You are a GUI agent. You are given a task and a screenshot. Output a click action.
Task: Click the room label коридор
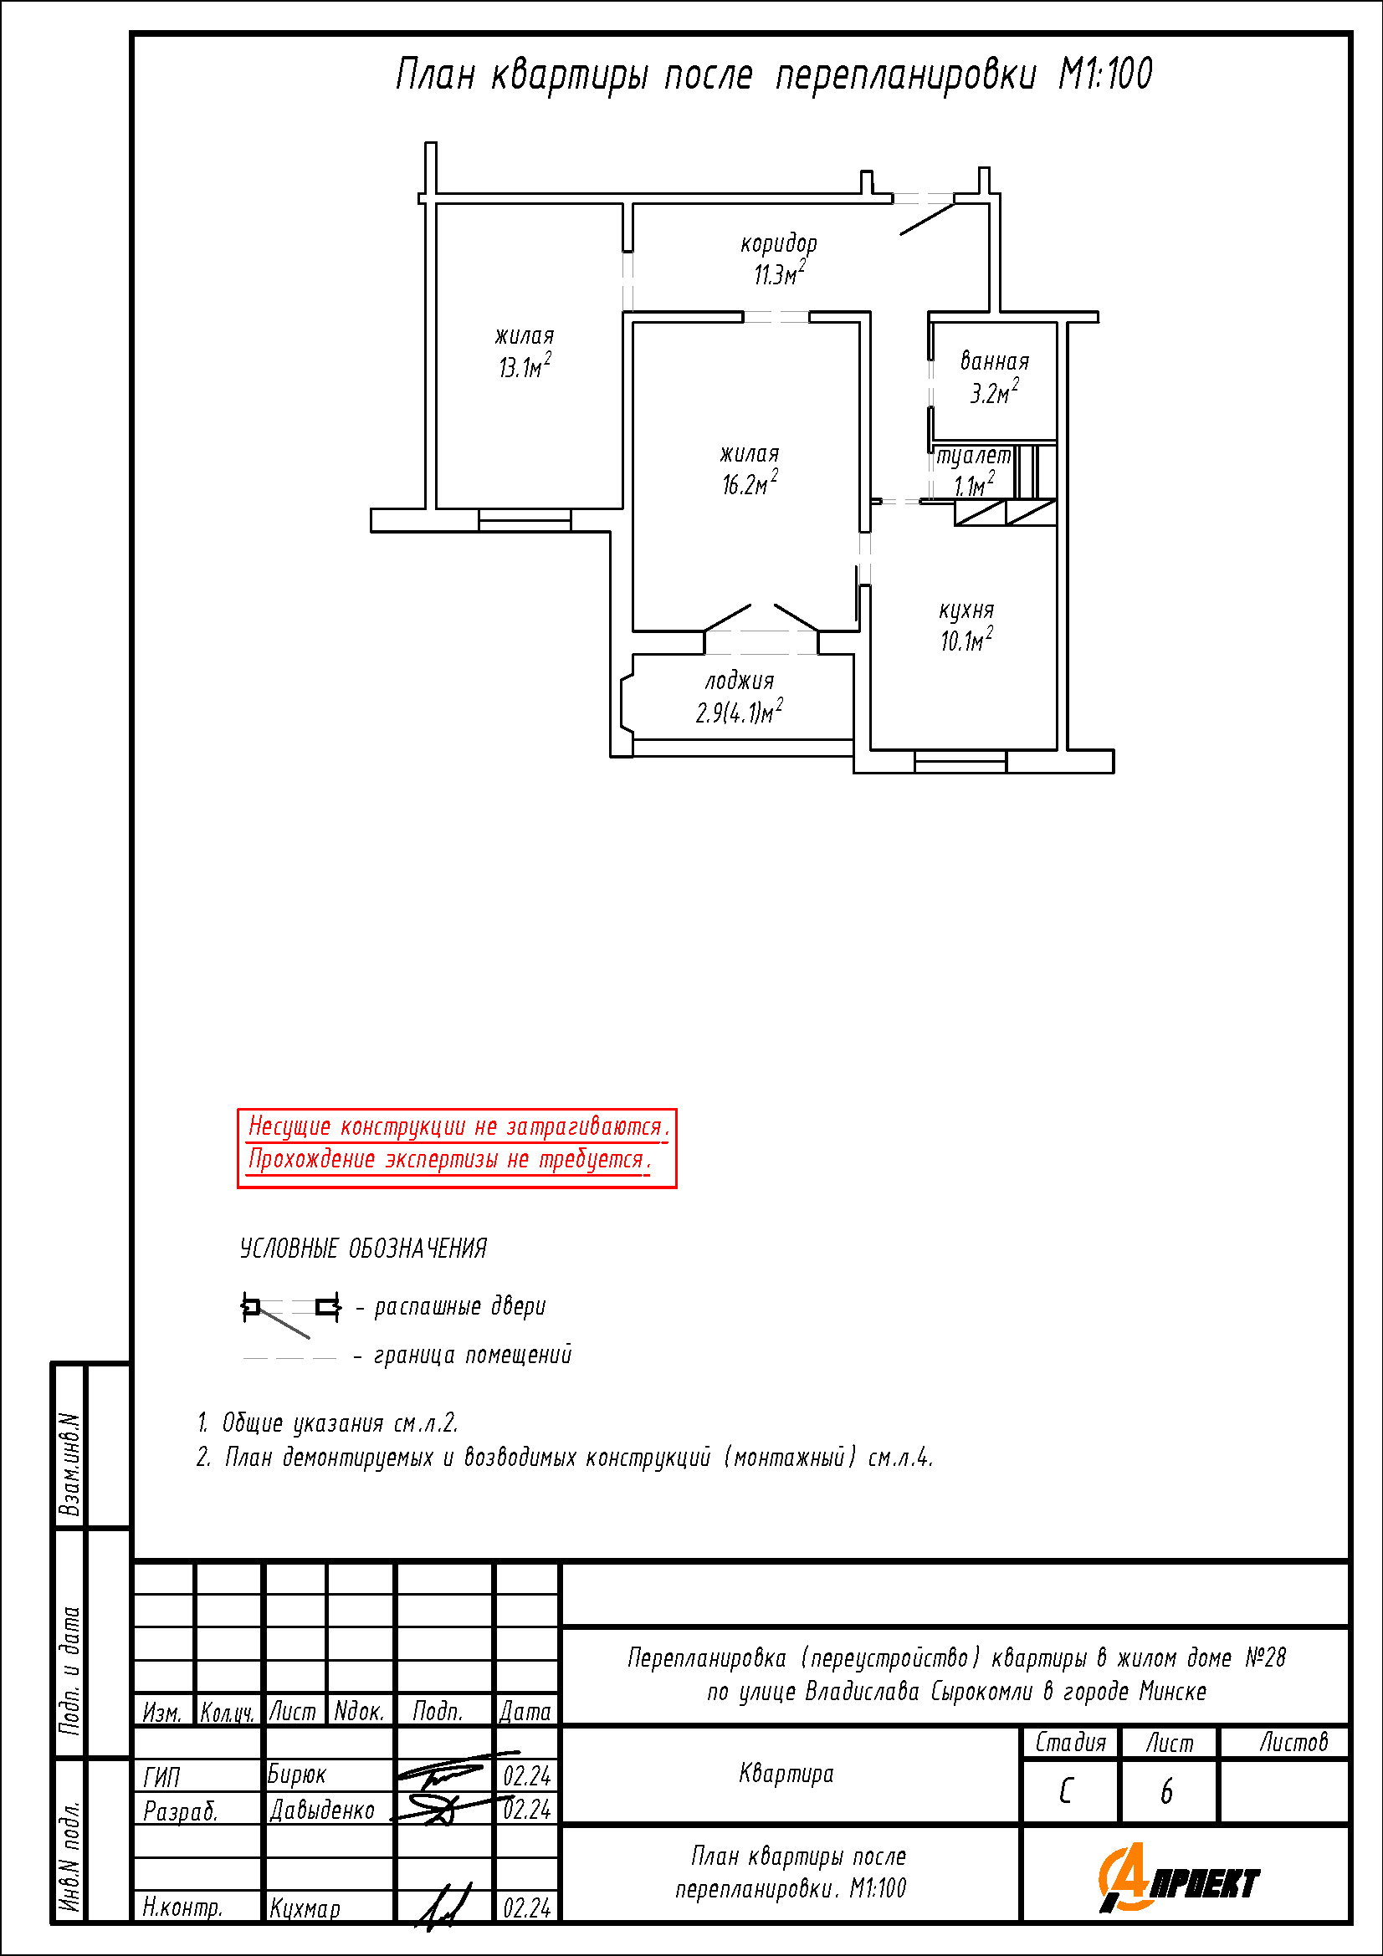pyautogui.click(x=778, y=244)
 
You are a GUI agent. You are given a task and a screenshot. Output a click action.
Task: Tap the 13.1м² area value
pyautogui.click(x=525, y=365)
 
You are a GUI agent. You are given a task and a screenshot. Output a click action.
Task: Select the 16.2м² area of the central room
pyautogui.click(x=750, y=483)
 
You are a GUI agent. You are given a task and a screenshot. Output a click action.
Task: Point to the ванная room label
pyautogui.click(x=995, y=360)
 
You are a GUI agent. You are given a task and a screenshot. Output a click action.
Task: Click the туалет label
pyautogui.click(x=973, y=456)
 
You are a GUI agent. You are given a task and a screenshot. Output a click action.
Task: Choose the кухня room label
pyautogui.click(x=966, y=610)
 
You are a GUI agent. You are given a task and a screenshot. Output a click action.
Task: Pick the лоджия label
pyautogui.click(x=740, y=681)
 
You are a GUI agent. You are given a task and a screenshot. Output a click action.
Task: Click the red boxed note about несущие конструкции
pyautogui.click(x=457, y=1147)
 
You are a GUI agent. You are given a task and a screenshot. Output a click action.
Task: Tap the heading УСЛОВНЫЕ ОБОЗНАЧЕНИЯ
pyautogui.click(x=363, y=1248)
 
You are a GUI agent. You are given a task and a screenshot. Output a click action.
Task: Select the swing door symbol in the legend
pyautogui.click(x=291, y=1313)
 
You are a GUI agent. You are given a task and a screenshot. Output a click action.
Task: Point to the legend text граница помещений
pyautogui.click(x=473, y=1354)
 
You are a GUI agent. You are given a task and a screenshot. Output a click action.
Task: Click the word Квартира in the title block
pyautogui.click(x=786, y=1774)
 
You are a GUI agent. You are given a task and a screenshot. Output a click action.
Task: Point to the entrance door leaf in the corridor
pyautogui.click(x=927, y=213)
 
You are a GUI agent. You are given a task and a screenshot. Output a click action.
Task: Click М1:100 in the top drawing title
pyautogui.click(x=1105, y=74)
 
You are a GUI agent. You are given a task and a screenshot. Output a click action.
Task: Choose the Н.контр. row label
pyautogui.click(x=182, y=1907)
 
